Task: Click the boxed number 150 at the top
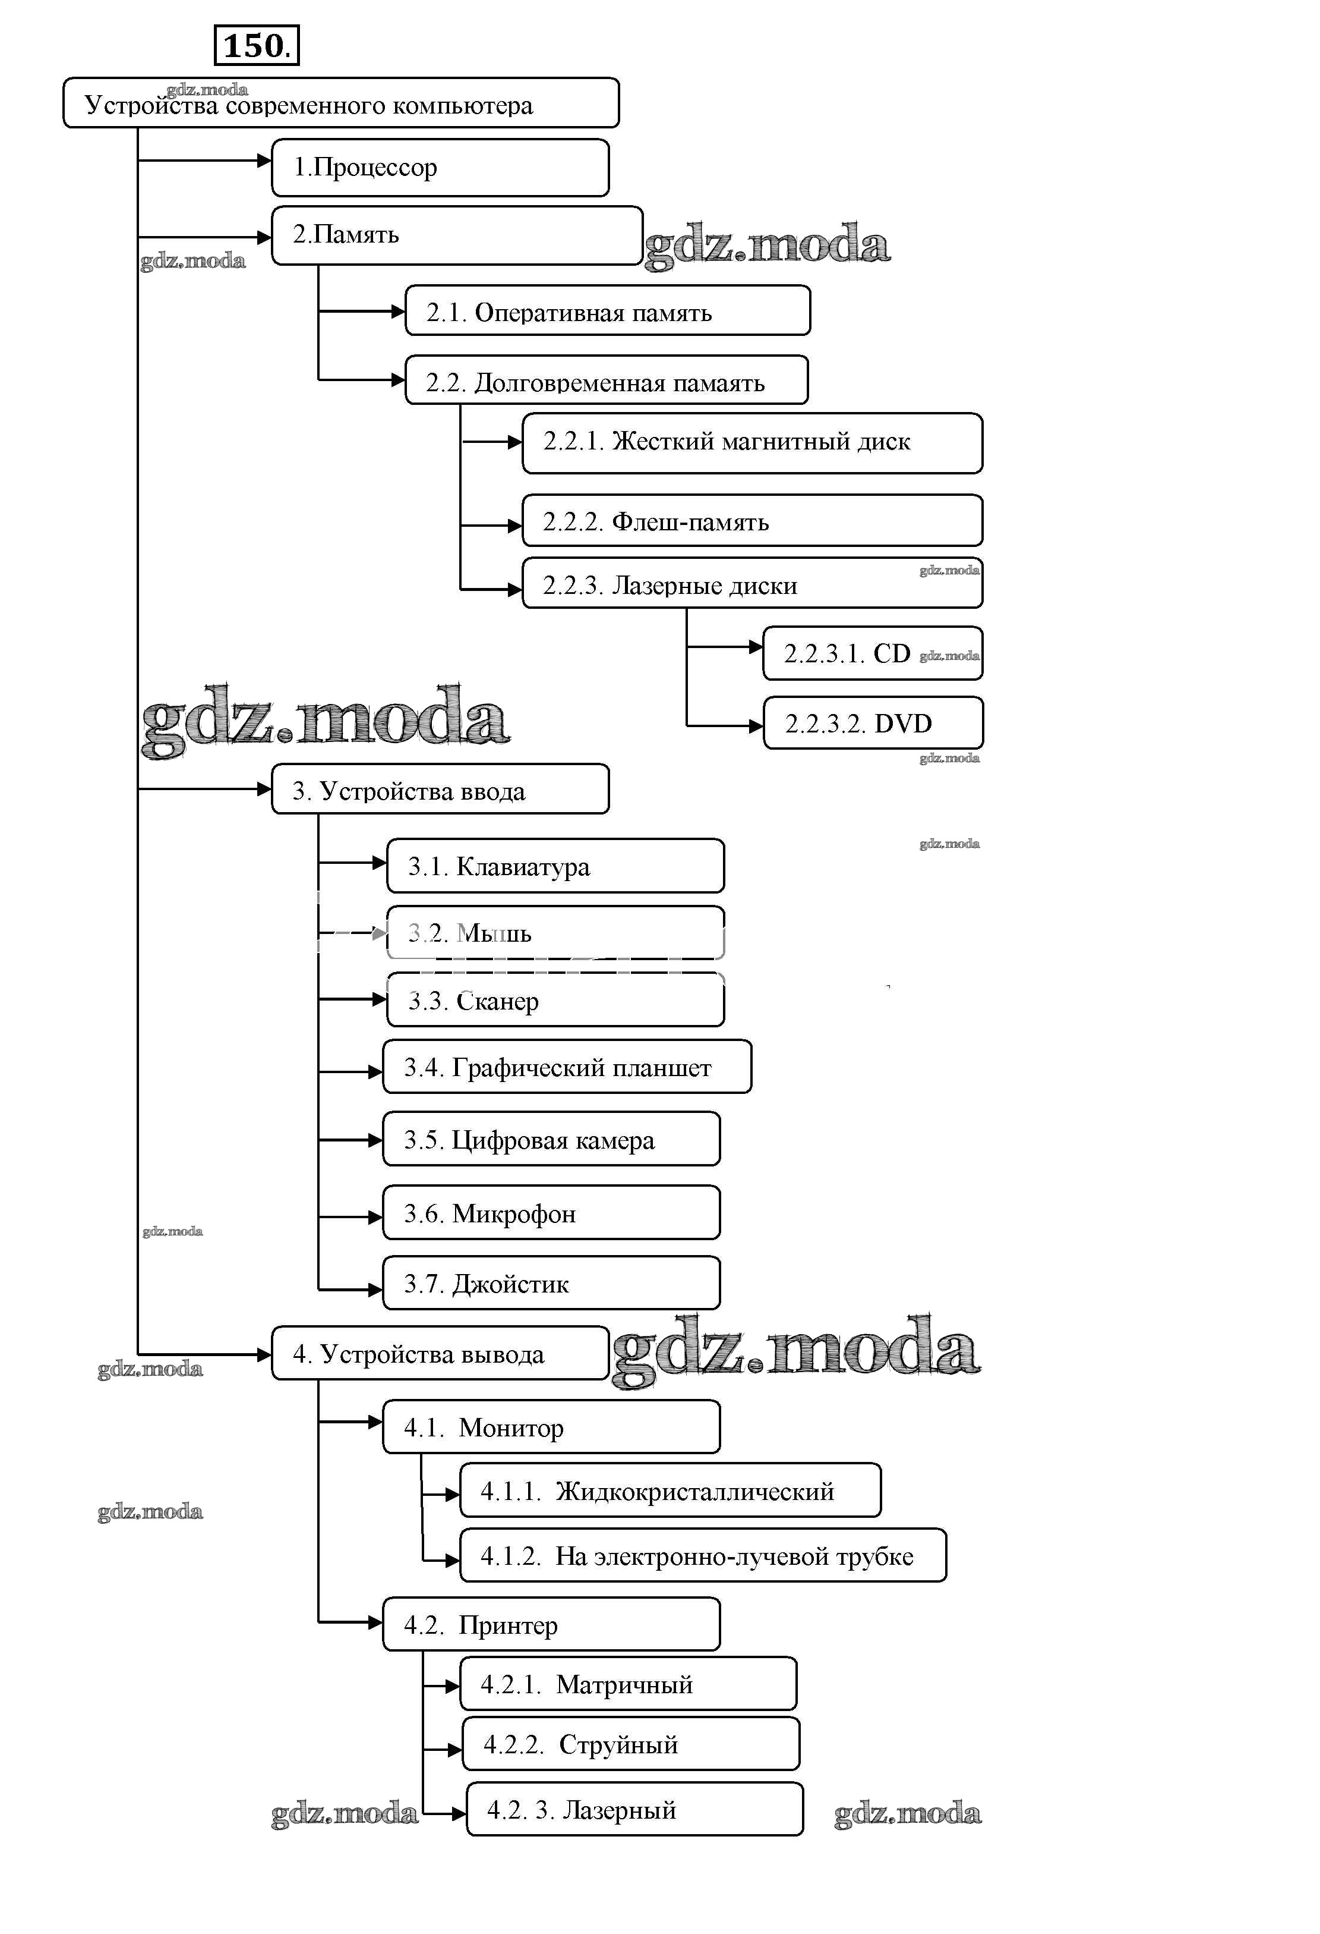(256, 46)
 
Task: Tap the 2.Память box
(457, 235)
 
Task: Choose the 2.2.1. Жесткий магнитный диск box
(752, 443)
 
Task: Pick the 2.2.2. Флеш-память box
(752, 521)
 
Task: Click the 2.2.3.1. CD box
(873, 653)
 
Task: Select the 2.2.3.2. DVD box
(873, 723)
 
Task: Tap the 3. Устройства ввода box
(440, 789)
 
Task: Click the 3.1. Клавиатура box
(555, 866)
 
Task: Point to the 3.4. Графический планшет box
(566, 1067)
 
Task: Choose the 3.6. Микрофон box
(551, 1212)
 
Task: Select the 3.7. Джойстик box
(551, 1282)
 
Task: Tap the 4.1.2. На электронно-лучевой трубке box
(703, 1555)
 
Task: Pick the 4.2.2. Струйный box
(630, 1743)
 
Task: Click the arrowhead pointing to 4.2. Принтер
(375, 1622)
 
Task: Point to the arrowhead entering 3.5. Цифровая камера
(375, 1140)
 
